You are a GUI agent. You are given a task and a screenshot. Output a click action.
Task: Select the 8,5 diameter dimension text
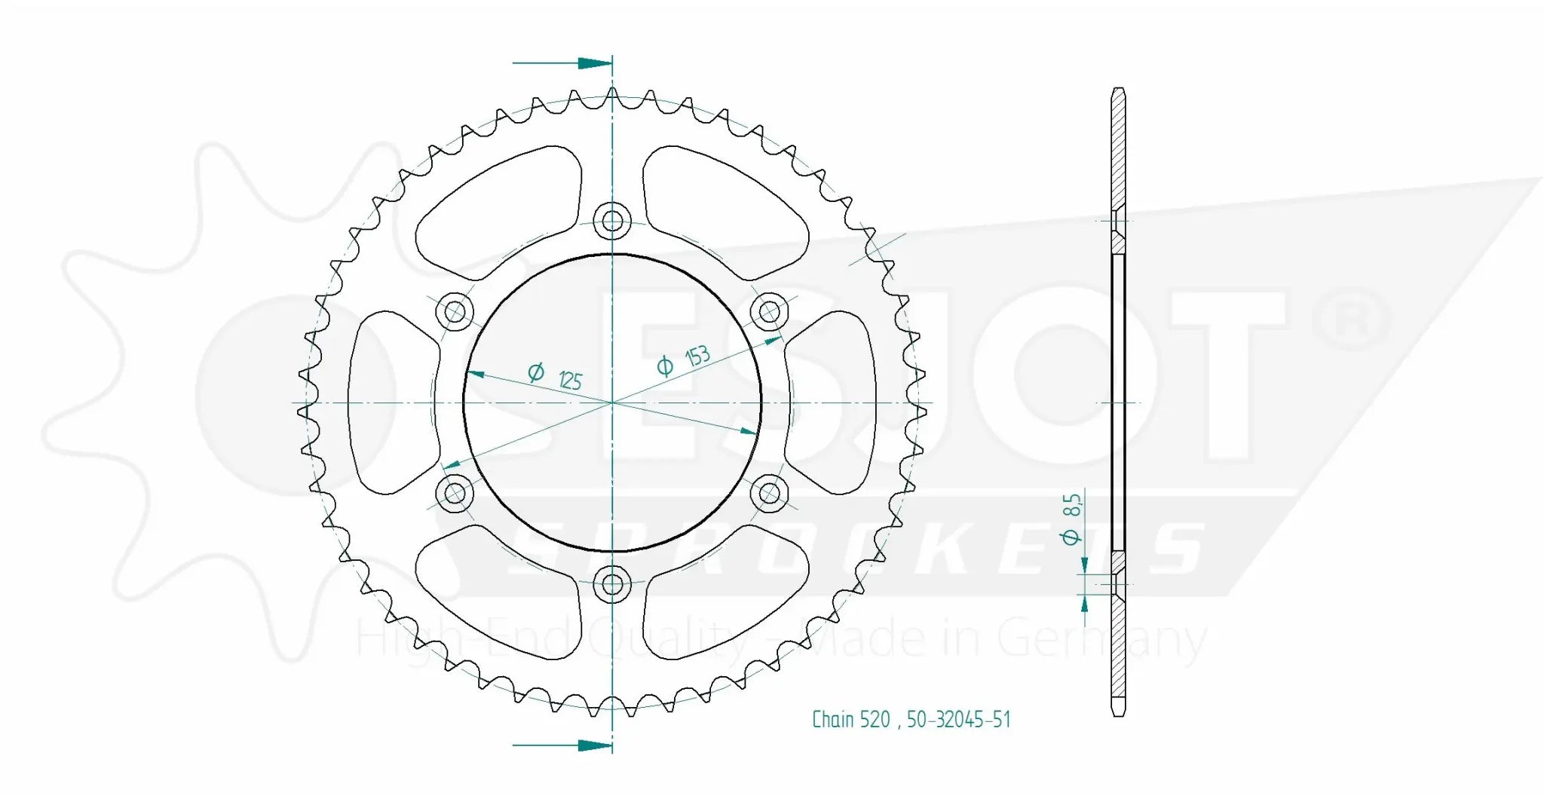(1071, 517)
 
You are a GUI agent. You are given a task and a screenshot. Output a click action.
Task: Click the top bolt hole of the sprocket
(612, 221)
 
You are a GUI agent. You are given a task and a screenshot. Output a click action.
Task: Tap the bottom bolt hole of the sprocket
(612, 583)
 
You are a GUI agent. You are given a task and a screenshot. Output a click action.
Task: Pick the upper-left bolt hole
(455, 311)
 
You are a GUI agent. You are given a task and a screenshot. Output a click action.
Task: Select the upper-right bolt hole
(769, 311)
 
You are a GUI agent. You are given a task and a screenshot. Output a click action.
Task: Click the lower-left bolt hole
(455, 494)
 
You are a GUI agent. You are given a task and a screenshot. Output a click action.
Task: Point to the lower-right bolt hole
(769, 494)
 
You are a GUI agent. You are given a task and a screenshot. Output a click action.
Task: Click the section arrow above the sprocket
(593, 63)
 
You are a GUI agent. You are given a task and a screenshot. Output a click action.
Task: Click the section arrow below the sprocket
(593, 745)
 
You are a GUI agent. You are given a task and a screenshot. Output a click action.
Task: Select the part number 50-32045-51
(958, 720)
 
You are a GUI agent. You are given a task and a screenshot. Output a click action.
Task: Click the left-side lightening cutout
(388, 402)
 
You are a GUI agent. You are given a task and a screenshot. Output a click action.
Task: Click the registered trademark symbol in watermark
(1351, 319)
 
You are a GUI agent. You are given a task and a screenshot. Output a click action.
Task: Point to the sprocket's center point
(612, 402)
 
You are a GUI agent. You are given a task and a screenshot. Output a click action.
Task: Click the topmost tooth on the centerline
(612, 93)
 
